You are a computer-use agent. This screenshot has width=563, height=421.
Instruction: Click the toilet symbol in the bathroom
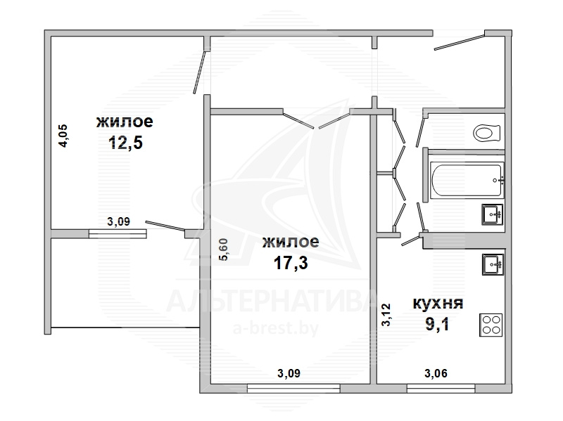click(487, 133)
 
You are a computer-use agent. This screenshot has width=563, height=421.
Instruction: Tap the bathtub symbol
click(467, 180)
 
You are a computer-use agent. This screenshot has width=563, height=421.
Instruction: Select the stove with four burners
click(491, 325)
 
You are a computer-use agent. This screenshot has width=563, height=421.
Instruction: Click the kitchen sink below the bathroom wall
click(493, 264)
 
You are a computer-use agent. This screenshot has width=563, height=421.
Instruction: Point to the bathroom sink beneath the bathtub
click(492, 214)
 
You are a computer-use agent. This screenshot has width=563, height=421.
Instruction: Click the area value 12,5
click(125, 143)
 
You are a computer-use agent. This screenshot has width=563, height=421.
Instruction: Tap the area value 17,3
click(291, 264)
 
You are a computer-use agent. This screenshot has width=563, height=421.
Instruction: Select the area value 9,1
click(437, 325)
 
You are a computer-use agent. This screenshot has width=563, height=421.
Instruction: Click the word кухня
click(438, 304)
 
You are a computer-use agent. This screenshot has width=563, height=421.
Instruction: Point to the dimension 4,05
click(63, 136)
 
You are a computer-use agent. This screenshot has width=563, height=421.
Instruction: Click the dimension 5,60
click(223, 250)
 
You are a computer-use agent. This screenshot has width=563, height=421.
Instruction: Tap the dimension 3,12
click(386, 314)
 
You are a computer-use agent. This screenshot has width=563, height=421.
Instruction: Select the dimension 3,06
click(436, 374)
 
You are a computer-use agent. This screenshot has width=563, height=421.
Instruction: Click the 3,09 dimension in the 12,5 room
click(118, 221)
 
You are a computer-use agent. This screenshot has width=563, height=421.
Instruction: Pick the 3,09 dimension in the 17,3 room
click(289, 374)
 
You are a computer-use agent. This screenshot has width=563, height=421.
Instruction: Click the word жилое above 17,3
click(291, 242)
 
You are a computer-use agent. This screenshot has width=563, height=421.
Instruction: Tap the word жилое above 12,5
click(125, 122)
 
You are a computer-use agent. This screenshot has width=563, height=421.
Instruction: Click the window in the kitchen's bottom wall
click(441, 389)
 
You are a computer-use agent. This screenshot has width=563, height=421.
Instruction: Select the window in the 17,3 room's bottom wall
click(293, 389)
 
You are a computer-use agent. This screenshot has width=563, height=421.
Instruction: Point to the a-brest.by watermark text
click(276, 328)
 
